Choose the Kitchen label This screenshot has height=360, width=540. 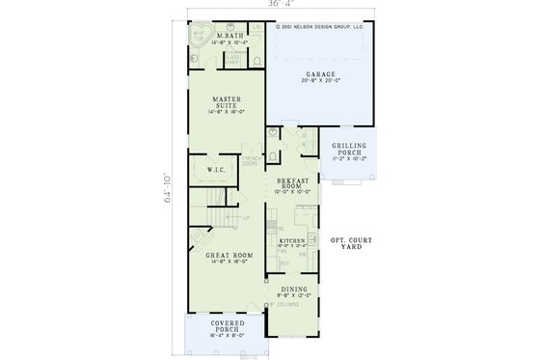coord(292,240)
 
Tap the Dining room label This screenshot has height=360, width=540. coord(293,288)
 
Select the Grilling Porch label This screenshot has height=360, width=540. coord(350,147)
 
